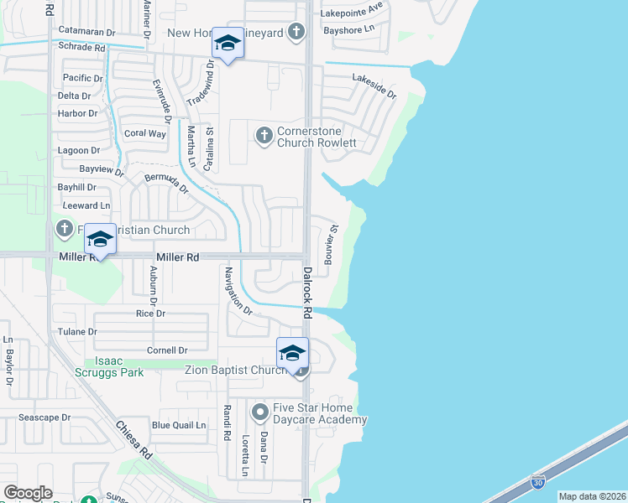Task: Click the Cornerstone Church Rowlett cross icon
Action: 264,135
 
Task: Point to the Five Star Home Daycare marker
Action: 260,412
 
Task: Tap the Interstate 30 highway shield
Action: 537,482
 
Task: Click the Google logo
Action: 28,493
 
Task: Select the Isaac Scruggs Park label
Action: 120,366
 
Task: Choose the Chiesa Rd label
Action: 134,438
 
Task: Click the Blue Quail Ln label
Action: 179,425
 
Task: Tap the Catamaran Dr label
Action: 86,32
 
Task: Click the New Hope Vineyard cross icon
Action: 295,33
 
